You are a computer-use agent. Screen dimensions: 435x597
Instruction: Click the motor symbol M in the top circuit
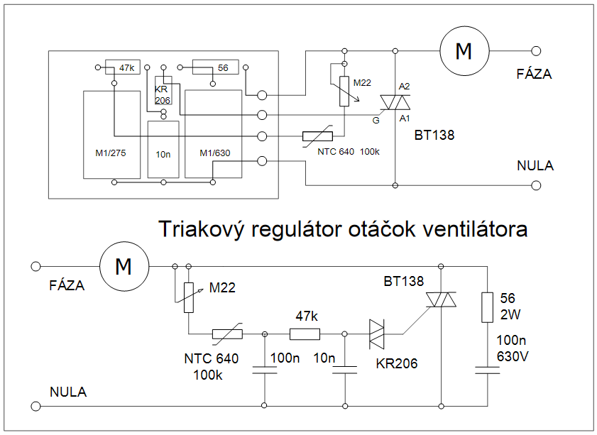(x=464, y=51)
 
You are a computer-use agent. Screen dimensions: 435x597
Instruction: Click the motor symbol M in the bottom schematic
(x=124, y=267)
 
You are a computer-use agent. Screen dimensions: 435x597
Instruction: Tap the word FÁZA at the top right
(x=534, y=73)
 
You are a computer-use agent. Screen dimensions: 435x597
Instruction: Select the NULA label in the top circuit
(x=535, y=165)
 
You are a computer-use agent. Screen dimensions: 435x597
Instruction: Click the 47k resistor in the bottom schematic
(x=305, y=334)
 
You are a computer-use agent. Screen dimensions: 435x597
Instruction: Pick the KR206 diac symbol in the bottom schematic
(x=377, y=334)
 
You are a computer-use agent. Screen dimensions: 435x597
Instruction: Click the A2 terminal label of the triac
(x=405, y=86)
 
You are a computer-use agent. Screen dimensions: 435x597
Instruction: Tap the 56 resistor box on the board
(x=213, y=68)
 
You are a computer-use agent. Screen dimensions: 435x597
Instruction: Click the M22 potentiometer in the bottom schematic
(x=188, y=297)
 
